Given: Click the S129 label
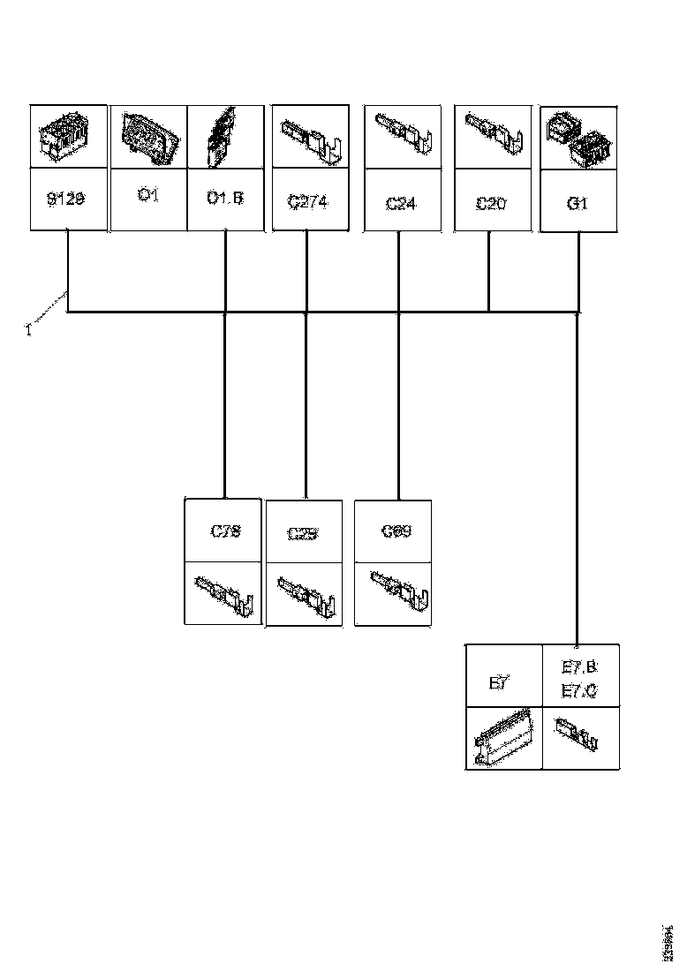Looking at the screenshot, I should (66, 199).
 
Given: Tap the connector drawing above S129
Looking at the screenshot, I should (67, 138).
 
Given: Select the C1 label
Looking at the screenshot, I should (148, 196).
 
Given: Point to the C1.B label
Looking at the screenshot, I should (224, 198).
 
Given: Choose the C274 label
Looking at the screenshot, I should (307, 202).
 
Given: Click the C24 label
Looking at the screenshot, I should (401, 204).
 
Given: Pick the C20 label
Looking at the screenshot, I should (491, 204).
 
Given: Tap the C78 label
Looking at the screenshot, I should (226, 531).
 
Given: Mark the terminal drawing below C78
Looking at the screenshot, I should (225, 593).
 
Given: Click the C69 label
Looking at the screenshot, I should (396, 531).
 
